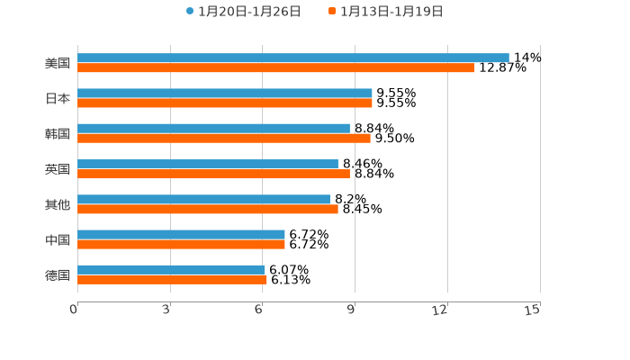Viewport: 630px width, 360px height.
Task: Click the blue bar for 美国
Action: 292,58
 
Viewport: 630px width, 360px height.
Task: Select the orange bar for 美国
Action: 275,67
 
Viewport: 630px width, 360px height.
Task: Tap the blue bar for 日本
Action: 224,93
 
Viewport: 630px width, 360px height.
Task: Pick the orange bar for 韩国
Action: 223,139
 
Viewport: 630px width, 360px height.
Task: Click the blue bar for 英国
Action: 207,164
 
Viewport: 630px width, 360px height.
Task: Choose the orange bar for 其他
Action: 207,209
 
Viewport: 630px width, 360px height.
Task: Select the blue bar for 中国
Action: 181,234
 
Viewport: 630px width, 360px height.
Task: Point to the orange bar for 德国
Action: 172,280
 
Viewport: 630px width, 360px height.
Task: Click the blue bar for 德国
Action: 170,269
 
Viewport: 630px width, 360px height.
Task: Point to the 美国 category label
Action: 57,63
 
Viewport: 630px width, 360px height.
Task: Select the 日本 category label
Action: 57,98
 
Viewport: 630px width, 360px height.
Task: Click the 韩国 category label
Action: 57,133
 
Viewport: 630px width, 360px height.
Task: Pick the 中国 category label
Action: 57,239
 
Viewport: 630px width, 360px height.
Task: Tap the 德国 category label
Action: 57,274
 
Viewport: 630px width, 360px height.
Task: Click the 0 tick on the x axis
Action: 74,310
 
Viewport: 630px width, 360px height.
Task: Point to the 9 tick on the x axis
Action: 352,310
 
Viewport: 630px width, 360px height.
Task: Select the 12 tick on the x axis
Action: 440,310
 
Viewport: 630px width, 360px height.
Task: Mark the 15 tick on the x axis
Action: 532,310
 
